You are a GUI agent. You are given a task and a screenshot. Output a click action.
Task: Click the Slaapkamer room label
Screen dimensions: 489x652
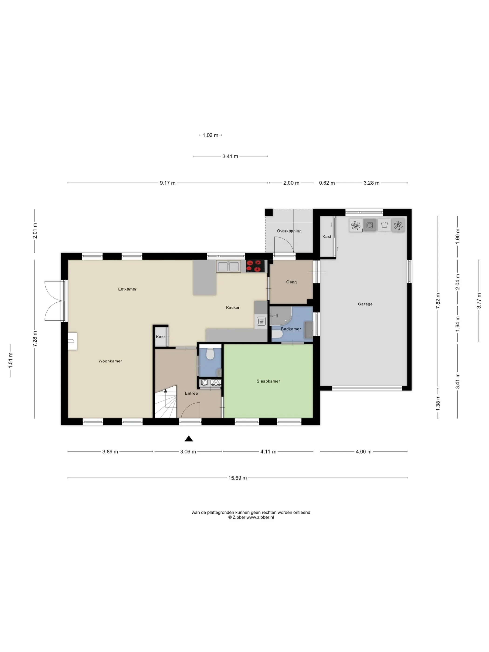click(x=268, y=381)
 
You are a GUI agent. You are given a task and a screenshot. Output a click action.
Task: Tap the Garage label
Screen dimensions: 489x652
click(x=365, y=304)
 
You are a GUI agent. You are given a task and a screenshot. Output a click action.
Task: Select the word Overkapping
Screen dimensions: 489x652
click(x=289, y=231)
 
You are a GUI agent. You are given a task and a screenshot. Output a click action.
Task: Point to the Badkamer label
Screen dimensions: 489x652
click(x=291, y=329)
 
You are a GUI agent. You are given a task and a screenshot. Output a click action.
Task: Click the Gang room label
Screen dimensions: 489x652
click(x=292, y=282)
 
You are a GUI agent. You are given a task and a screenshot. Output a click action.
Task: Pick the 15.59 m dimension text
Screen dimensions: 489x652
click(x=238, y=478)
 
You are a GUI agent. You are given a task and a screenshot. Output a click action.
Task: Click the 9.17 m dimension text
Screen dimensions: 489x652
click(x=167, y=183)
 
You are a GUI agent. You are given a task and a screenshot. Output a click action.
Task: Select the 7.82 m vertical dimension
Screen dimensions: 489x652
click(x=438, y=301)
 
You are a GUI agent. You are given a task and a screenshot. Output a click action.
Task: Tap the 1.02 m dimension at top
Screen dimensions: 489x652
click(x=211, y=135)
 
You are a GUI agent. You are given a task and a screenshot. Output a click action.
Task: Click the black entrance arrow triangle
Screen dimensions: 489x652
click(x=189, y=439)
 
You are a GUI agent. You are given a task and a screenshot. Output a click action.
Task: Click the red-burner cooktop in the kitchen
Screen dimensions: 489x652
click(x=255, y=266)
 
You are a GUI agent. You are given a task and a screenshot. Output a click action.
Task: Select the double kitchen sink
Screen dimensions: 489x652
click(x=228, y=266)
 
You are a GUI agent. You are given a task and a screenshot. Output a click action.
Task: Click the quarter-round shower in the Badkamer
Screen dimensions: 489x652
click(x=280, y=316)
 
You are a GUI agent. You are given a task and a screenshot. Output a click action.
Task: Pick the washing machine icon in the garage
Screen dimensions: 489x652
click(x=370, y=225)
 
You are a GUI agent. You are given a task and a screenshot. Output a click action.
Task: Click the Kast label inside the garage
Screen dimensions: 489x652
click(x=327, y=236)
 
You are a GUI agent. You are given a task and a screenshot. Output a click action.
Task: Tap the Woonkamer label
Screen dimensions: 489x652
click(x=110, y=361)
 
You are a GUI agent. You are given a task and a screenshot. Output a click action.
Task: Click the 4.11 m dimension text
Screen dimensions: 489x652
click(x=268, y=452)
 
